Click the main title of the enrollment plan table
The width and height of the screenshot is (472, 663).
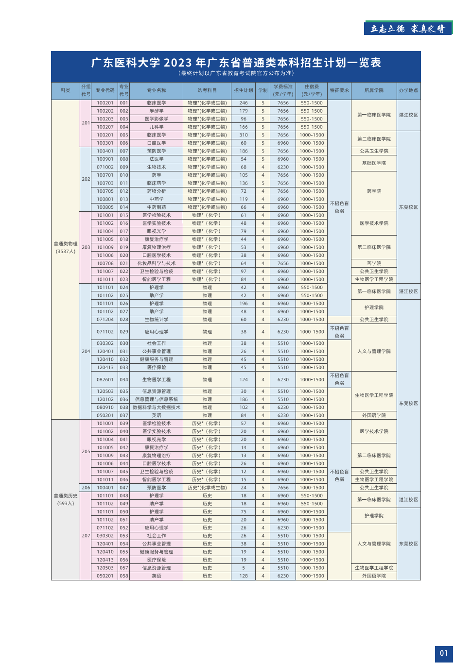[236, 63]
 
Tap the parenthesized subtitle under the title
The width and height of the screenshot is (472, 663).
[236, 73]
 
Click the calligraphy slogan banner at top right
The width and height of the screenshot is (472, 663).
[408, 29]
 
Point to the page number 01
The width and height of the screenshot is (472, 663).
[444, 653]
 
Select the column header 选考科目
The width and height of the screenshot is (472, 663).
[207, 90]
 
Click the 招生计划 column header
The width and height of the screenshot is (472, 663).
[244, 90]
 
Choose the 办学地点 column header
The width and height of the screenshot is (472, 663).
[408, 90]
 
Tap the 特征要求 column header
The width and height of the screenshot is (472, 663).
[339, 90]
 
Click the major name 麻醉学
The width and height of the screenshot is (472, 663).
[157, 111]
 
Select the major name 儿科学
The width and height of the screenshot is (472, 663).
[157, 127]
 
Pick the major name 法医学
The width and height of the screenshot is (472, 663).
[157, 159]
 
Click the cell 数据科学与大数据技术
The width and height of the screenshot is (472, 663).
[157, 408]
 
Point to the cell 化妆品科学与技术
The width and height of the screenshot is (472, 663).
[157, 264]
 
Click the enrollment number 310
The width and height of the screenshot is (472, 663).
[244, 135]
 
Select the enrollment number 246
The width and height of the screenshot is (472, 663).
[244, 103]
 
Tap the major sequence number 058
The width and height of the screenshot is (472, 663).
[124, 576]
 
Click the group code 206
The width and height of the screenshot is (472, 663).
[86, 488]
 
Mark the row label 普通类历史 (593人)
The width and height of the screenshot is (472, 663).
[66, 499]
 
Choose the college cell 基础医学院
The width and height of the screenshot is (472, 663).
[374, 163]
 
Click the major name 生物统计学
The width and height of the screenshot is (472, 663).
[157, 320]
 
